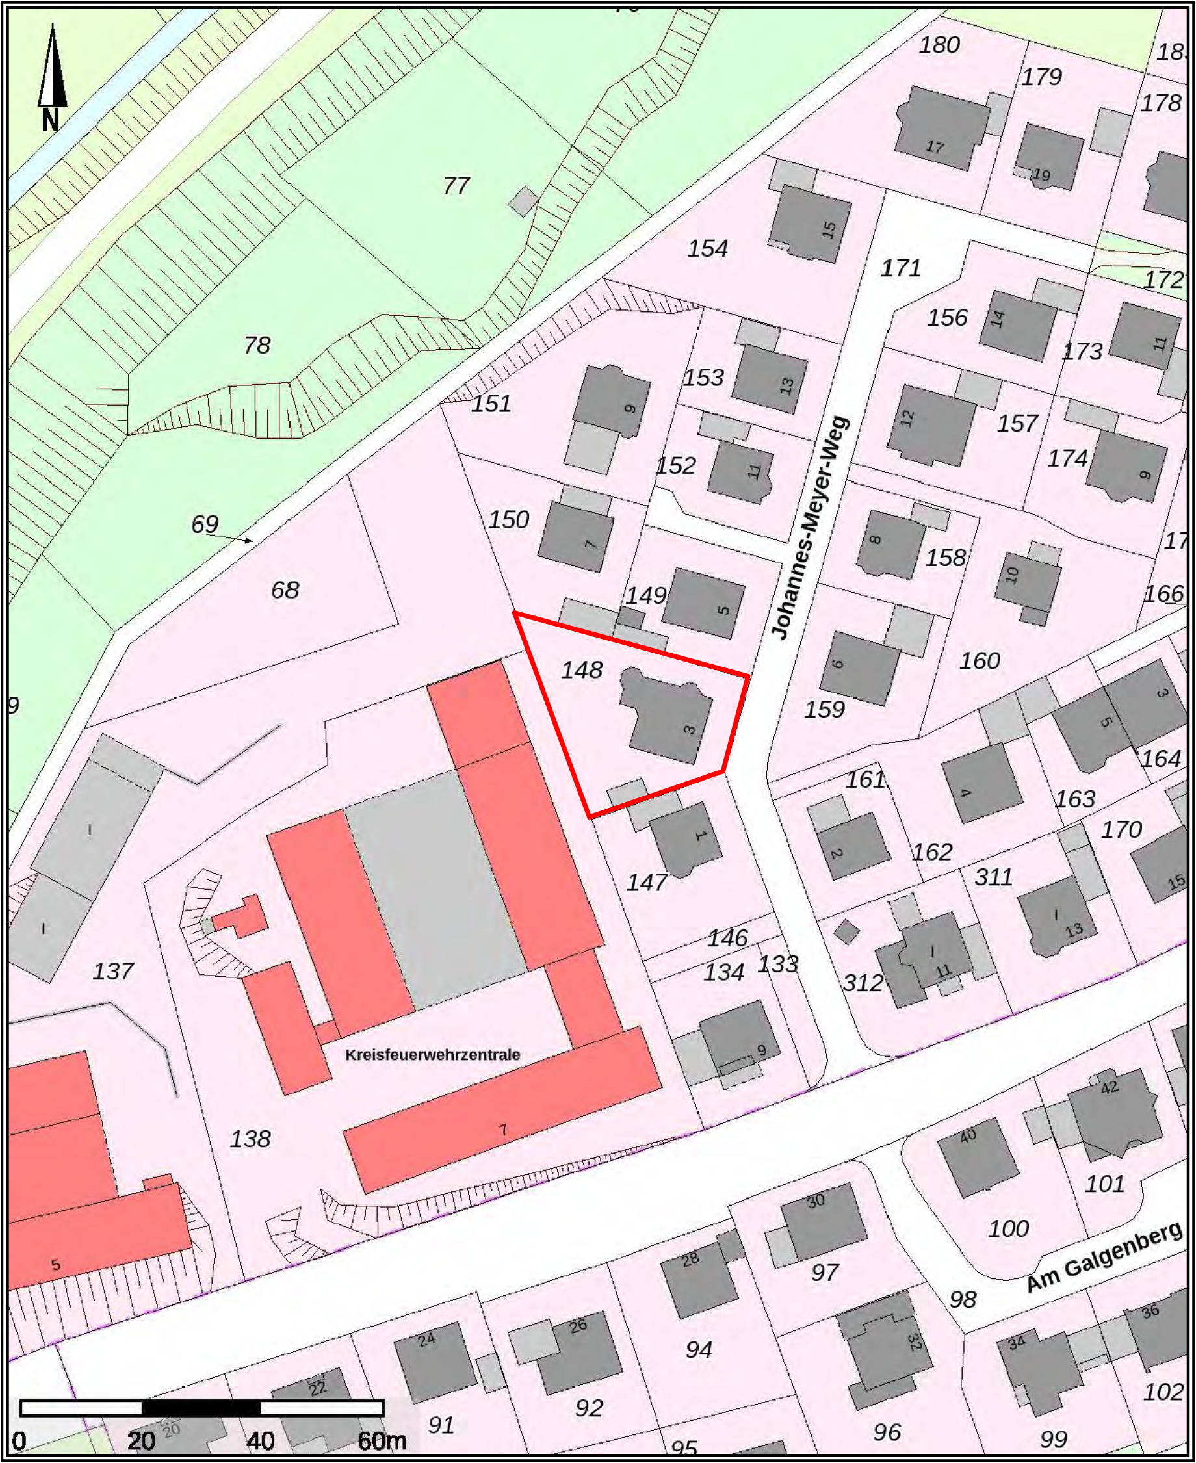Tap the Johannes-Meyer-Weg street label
(x=810, y=528)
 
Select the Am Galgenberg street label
(x=1104, y=1258)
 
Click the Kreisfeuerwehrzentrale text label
(x=433, y=1055)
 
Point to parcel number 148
(x=582, y=669)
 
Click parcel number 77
(x=456, y=185)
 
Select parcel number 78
(x=256, y=344)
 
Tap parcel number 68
(x=285, y=589)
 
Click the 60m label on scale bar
(x=382, y=1441)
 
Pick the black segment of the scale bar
(x=201, y=1408)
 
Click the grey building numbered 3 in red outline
(x=666, y=716)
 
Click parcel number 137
(x=113, y=971)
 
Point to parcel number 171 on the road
(x=900, y=267)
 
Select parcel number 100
(x=1008, y=1228)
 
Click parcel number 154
(x=708, y=248)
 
